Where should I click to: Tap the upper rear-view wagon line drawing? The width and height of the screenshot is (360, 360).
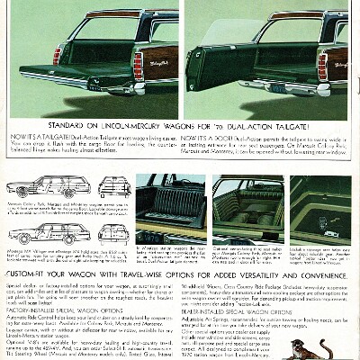113,185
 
